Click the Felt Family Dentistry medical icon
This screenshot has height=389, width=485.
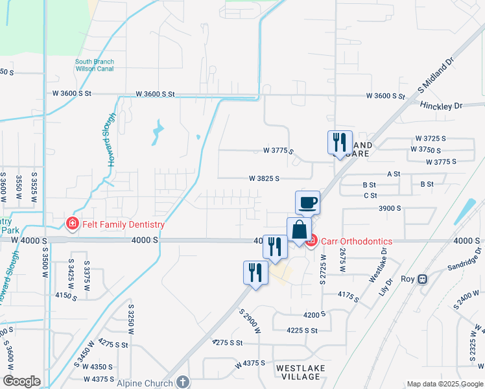click(x=72, y=224)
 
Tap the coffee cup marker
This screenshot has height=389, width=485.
click(x=308, y=202)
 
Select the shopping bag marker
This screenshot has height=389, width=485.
click(x=299, y=230)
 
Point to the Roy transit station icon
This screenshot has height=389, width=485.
click(x=423, y=279)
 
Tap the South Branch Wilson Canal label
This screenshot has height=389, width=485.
click(x=95, y=65)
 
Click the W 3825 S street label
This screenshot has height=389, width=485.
click(x=264, y=178)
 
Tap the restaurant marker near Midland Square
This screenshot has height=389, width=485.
click(x=340, y=142)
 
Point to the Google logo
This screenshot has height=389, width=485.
click(x=22, y=381)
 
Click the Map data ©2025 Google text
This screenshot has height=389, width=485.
click(x=444, y=384)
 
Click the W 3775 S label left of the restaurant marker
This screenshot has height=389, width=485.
click(x=278, y=151)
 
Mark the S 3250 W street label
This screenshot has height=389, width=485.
click(x=131, y=318)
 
